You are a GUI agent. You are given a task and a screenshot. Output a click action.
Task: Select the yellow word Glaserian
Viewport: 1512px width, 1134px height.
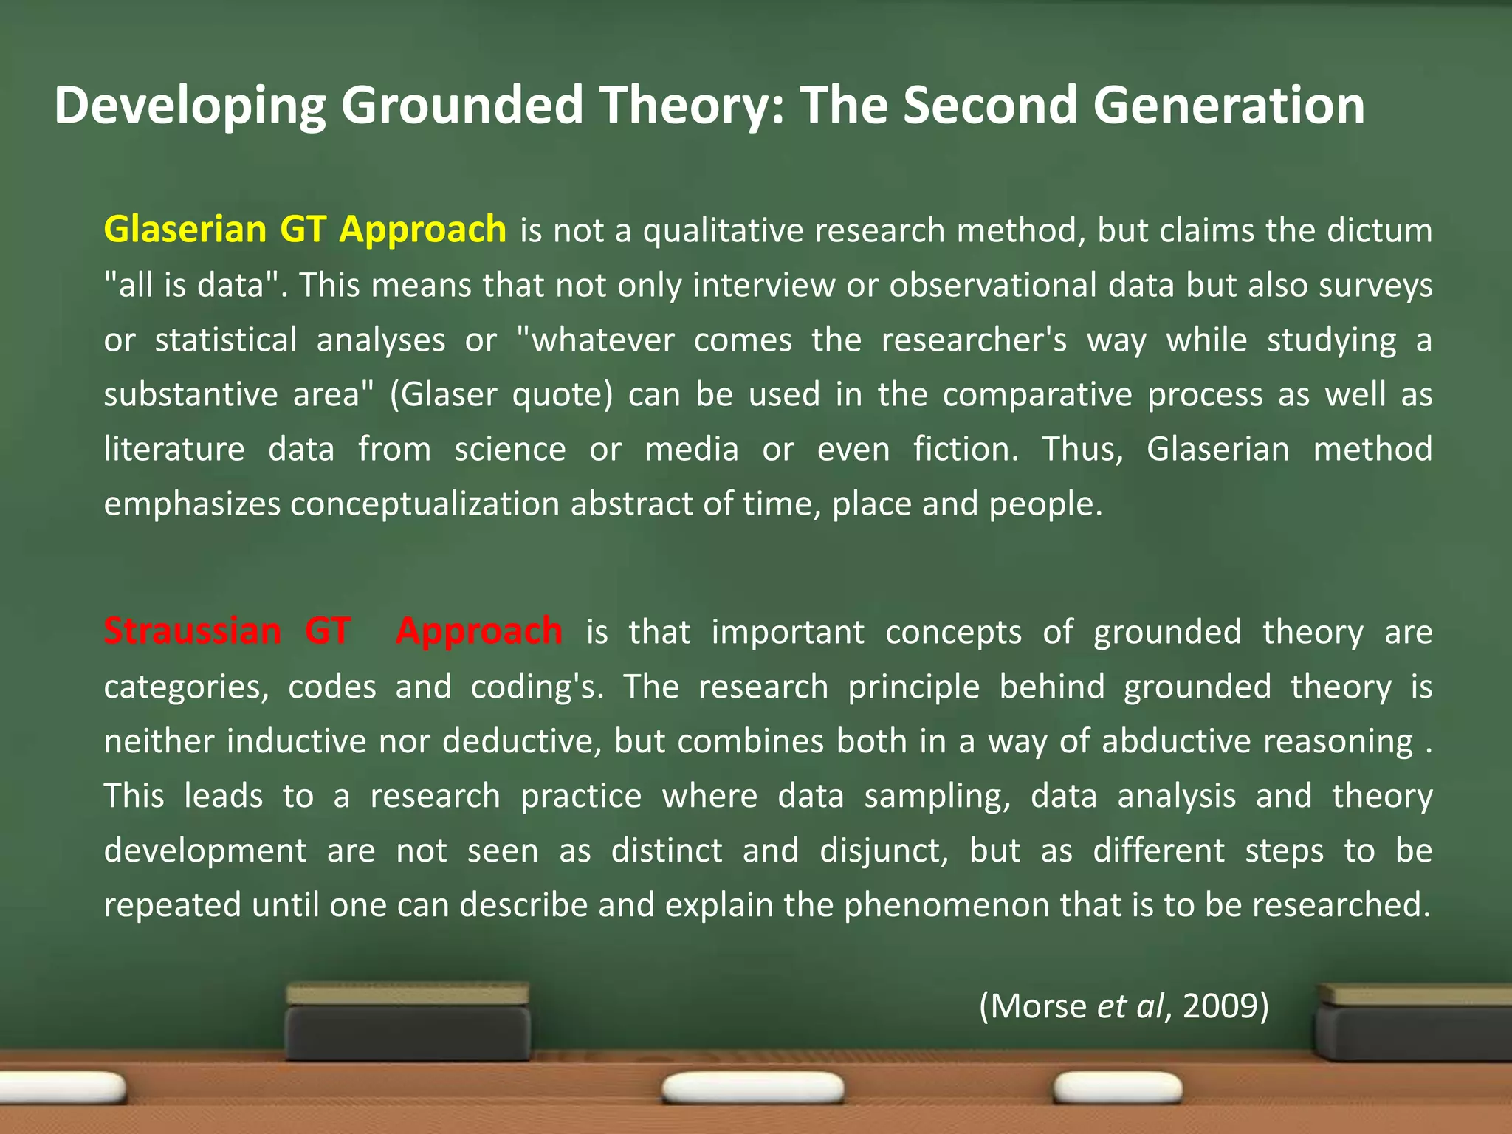pos(185,230)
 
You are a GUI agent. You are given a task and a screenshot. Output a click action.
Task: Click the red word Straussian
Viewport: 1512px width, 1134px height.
pos(192,632)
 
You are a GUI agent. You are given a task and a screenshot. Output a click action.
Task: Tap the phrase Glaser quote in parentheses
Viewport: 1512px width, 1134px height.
pos(502,394)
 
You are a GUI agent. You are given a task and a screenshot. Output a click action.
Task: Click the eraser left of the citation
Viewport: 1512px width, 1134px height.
pos(408,1023)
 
